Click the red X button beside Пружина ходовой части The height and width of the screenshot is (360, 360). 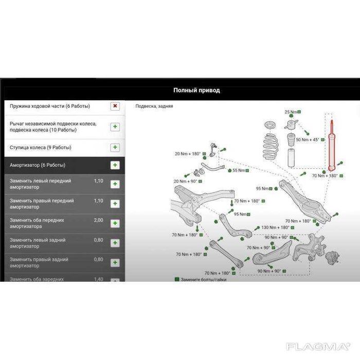point(115,106)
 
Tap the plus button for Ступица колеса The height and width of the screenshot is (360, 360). point(115,148)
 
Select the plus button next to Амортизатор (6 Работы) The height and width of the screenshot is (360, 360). point(115,165)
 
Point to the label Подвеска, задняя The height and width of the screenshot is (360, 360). point(154,106)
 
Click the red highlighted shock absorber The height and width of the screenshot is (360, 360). point(332,147)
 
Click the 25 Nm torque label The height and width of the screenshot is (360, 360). point(291,112)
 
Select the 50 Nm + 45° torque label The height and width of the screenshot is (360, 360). point(307,139)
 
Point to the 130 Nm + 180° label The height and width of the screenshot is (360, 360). point(275,227)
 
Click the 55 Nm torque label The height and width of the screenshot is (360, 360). point(238,170)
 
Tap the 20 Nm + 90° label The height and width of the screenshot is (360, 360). point(186,182)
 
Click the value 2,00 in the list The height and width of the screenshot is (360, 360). point(98,220)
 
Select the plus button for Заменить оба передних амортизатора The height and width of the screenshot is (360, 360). point(115,223)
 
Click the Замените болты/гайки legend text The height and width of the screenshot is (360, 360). point(203,279)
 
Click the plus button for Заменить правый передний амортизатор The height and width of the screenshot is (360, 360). point(115,204)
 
